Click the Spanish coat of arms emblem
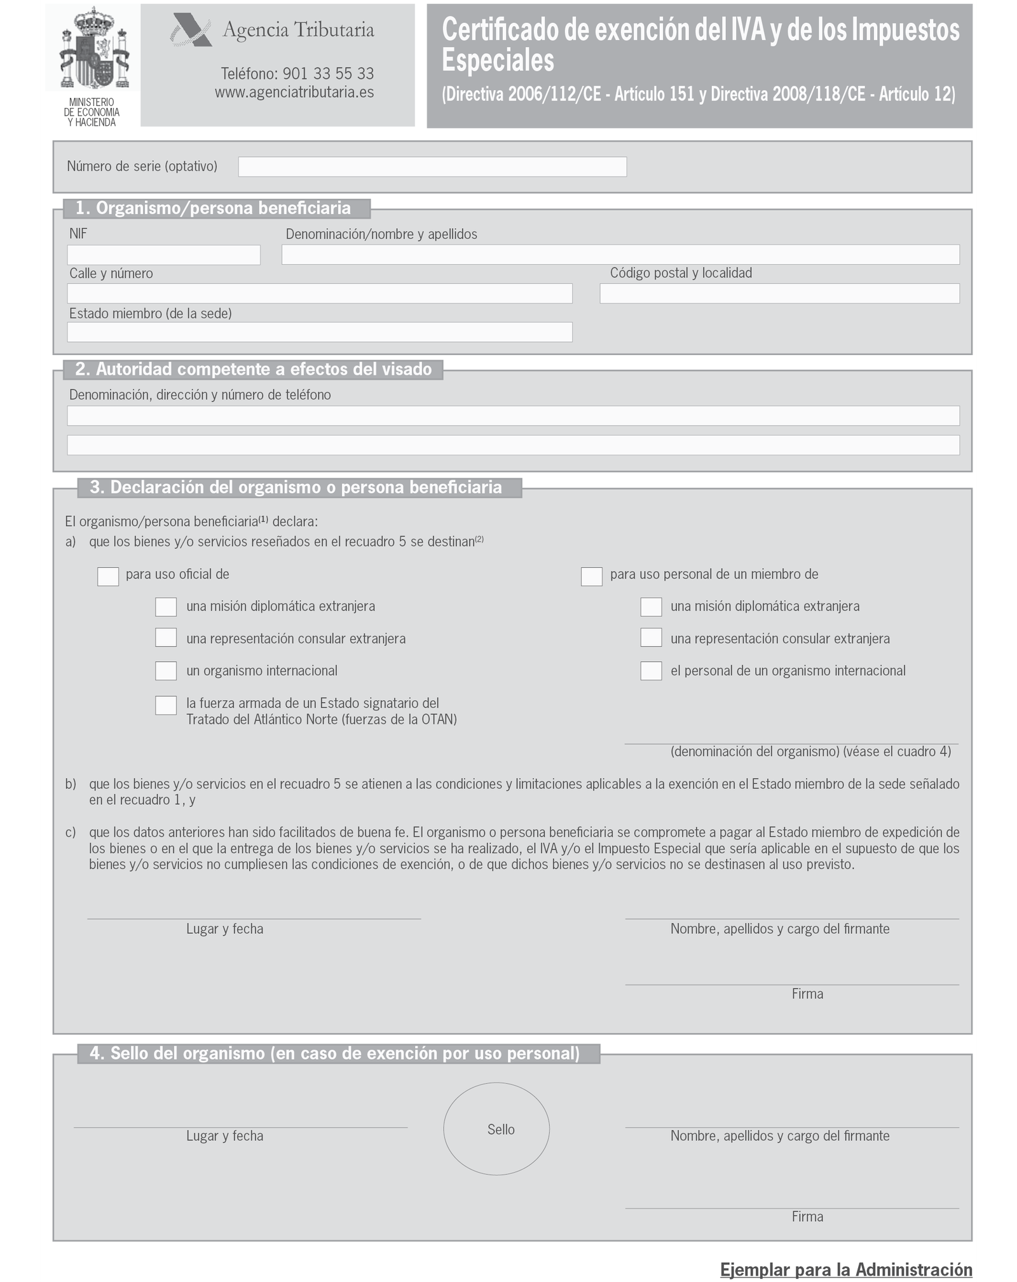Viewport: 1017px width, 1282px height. pyautogui.click(x=93, y=48)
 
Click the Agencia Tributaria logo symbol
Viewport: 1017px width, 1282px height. pyautogui.click(x=190, y=30)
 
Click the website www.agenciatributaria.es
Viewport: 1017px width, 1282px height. pyautogui.click(x=294, y=92)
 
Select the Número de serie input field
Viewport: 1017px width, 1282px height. pyautogui.click(x=432, y=166)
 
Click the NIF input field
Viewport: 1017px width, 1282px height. pyautogui.click(x=163, y=255)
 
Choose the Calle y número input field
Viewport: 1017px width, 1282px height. pyautogui.click(x=320, y=294)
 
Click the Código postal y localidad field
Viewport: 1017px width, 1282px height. pyautogui.click(x=779, y=294)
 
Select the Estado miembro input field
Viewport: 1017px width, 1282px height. pyautogui.click(x=320, y=332)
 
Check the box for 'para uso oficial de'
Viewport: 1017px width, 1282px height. pyautogui.click(x=108, y=576)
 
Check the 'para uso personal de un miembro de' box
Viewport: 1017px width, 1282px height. pyautogui.click(x=592, y=576)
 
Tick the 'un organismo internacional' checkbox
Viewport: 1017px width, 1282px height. pyautogui.click(x=166, y=671)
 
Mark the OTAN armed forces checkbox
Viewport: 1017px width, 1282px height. pyautogui.click(x=166, y=705)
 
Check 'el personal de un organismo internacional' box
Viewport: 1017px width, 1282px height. pyautogui.click(x=651, y=671)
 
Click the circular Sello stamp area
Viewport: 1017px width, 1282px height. pyautogui.click(x=496, y=1129)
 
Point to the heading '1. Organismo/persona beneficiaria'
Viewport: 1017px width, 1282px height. pyautogui.click(x=213, y=208)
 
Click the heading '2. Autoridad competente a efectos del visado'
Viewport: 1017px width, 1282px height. pyautogui.click(x=254, y=369)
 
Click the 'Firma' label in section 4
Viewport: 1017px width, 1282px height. pyautogui.click(x=807, y=1217)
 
